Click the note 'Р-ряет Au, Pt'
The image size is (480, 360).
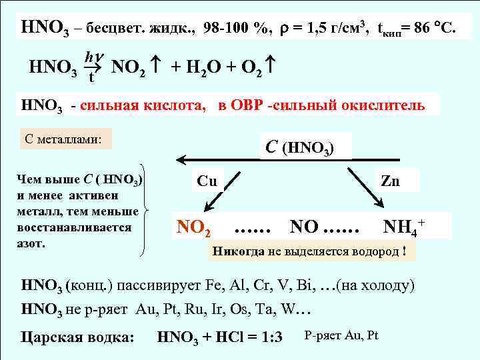341,335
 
